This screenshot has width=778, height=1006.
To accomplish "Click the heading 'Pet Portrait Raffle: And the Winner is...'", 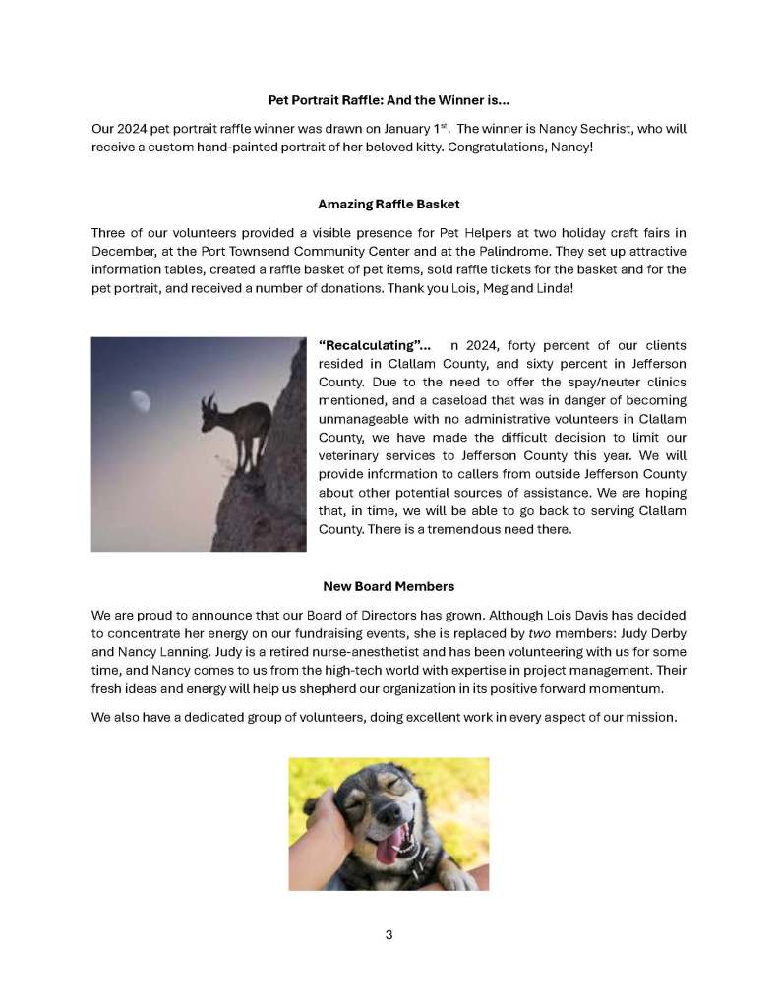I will (389, 100).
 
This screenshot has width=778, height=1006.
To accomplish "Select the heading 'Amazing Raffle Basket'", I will (389, 205).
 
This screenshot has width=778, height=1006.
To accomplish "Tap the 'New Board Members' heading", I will (389, 586).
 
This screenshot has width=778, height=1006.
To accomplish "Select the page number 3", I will (389, 934).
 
